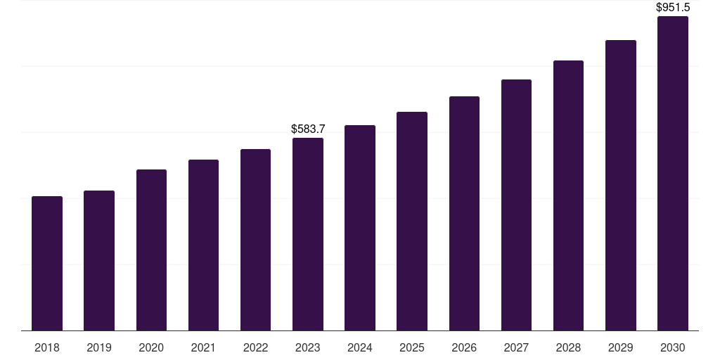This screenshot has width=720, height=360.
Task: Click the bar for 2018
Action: [47, 264]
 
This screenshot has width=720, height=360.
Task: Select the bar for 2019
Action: [99, 261]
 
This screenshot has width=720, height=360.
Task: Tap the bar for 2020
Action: [151, 250]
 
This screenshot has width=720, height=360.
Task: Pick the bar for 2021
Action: [203, 245]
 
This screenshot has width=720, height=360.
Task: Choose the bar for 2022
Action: [255, 240]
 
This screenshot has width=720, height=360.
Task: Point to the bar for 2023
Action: [308, 234]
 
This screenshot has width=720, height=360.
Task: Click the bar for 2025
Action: [412, 221]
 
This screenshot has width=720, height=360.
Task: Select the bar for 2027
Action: [516, 205]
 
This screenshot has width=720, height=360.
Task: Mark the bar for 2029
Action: [620, 186]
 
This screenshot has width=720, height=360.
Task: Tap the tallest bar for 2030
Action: [673, 174]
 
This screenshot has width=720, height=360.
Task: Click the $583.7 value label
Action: [308, 129]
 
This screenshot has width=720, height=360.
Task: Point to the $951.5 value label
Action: [673, 8]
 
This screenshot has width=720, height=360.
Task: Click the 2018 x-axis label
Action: [47, 347]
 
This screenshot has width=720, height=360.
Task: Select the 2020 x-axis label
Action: [151, 347]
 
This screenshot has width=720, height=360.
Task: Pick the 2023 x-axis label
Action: [308, 347]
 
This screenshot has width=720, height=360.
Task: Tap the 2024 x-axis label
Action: [360, 347]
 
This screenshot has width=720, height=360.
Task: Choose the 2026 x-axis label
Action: [464, 347]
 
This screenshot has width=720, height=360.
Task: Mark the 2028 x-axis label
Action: [568, 347]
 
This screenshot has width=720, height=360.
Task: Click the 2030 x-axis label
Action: [673, 347]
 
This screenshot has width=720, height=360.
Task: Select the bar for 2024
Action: [360, 228]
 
